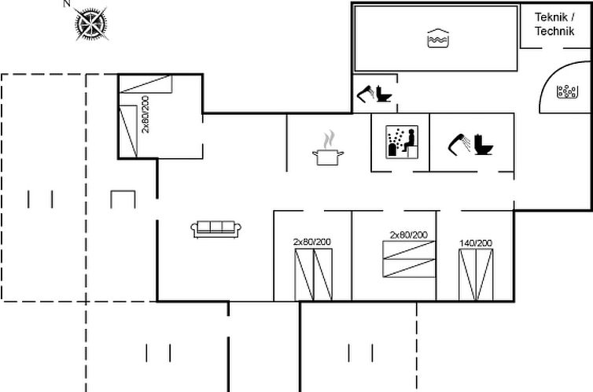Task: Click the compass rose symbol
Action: (x=90, y=24)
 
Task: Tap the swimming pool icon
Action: (x=438, y=39)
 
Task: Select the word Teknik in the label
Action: (x=551, y=17)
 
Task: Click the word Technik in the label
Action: (x=554, y=31)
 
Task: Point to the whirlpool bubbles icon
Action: (x=567, y=91)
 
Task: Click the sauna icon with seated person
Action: (x=402, y=142)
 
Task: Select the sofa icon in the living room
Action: (x=215, y=229)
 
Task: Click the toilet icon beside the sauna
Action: (x=484, y=145)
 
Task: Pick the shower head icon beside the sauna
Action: (x=459, y=144)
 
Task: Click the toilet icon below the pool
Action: (x=384, y=94)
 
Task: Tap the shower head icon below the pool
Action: (x=366, y=94)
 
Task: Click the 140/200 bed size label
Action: (x=476, y=243)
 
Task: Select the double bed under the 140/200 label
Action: (x=476, y=275)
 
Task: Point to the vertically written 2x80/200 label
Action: (x=145, y=114)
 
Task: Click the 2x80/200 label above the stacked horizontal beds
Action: (x=408, y=235)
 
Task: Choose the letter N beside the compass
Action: (x=67, y=4)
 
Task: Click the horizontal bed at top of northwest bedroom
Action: (x=145, y=84)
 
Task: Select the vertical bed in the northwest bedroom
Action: (x=128, y=131)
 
